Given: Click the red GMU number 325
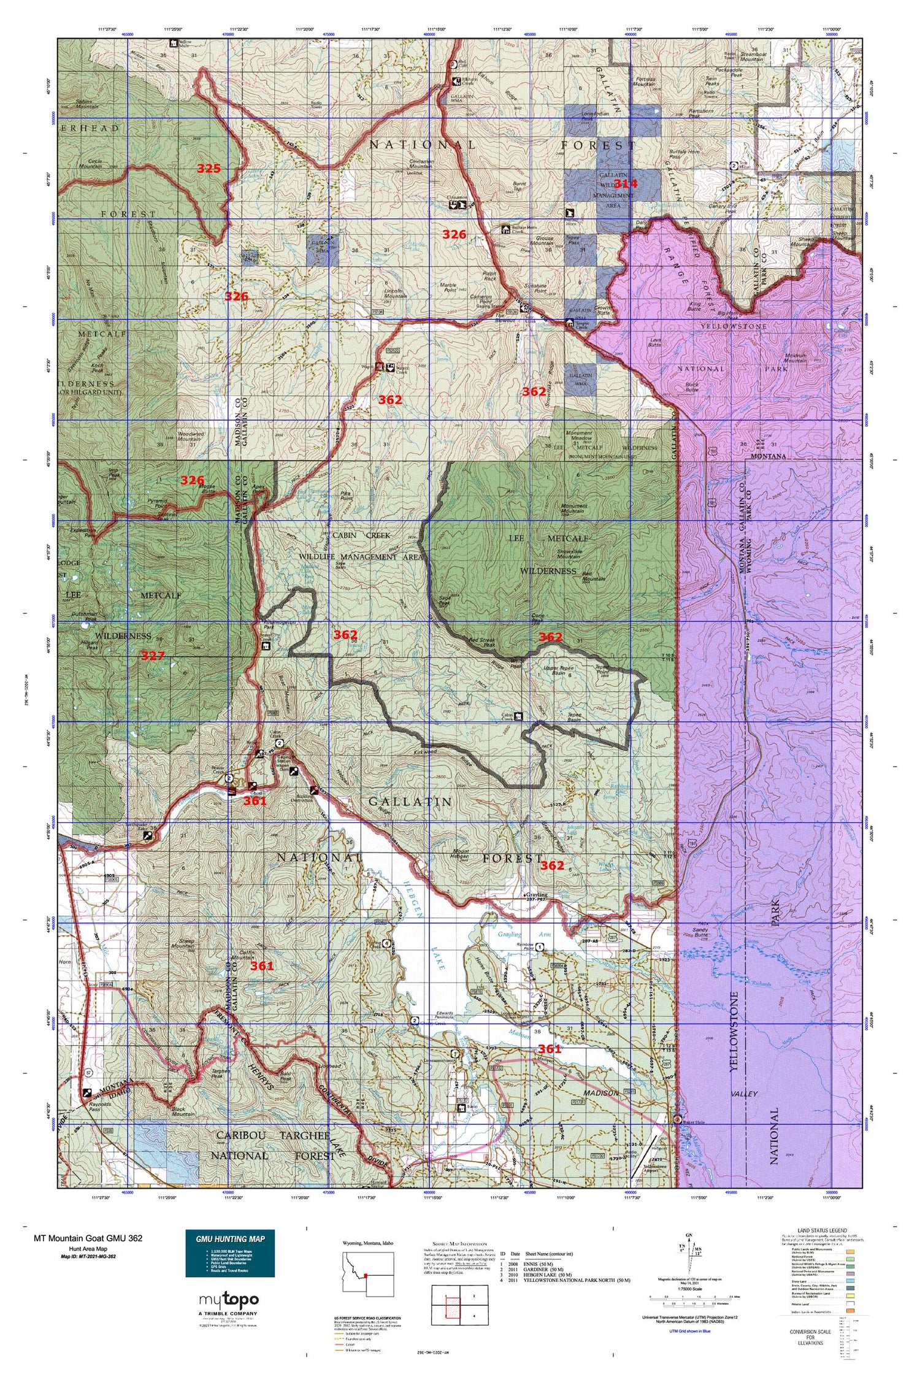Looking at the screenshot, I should click(x=209, y=168).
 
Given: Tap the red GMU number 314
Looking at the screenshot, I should click(x=626, y=183).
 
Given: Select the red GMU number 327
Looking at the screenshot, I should click(x=153, y=656).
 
